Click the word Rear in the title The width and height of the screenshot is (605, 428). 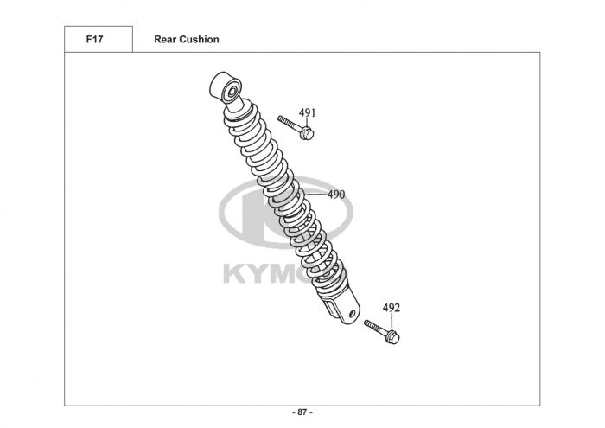pos(164,40)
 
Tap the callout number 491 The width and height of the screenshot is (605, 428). pos(308,113)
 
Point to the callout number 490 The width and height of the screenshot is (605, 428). pos(336,195)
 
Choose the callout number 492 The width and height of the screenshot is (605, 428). pos(392,308)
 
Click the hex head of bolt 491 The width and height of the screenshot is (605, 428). pos(309,132)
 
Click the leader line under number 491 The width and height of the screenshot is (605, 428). pos(308,123)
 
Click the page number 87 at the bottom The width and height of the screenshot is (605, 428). pos(303,413)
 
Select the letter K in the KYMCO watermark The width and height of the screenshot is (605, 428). pos(236,275)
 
